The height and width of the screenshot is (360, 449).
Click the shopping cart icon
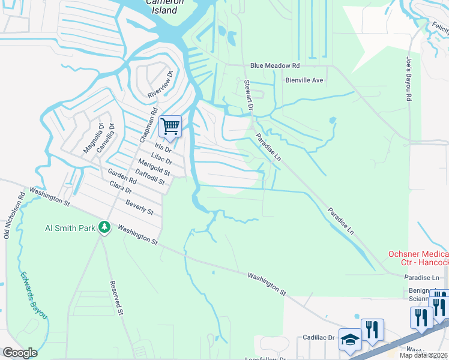click(170, 127)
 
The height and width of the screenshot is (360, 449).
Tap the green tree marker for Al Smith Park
click(104, 227)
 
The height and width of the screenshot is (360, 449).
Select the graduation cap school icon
click(350, 340)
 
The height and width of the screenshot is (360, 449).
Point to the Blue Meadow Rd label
click(275, 65)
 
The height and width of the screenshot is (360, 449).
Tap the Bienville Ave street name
click(304, 80)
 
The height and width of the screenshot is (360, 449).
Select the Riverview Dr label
click(160, 85)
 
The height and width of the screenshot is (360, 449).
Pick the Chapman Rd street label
click(148, 125)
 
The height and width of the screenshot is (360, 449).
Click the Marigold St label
click(154, 167)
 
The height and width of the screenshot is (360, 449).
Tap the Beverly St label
click(139, 208)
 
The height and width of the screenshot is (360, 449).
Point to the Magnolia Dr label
click(91, 138)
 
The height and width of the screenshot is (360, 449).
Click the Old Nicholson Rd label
click(14, 215)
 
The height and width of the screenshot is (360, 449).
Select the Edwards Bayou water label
click(33, 296)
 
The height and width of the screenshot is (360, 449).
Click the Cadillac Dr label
click(318, 338)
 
